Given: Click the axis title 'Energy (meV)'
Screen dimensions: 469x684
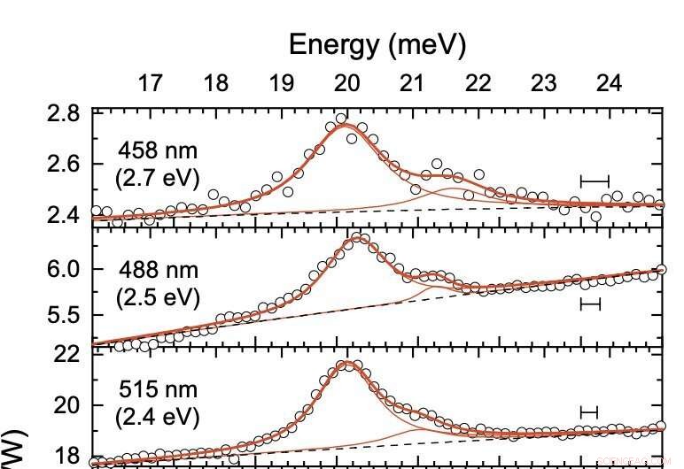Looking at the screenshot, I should [377, 45].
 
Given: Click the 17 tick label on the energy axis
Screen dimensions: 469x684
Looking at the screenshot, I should [151, 84].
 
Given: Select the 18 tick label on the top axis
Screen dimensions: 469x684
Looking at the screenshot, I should [216, 84].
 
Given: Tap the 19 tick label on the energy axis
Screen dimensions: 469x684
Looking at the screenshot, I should [282, 84].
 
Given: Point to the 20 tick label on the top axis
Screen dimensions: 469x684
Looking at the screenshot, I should [346, 84].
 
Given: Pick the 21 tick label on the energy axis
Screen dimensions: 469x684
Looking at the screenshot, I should [412, 84].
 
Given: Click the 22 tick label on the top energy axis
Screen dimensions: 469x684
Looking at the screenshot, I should [478, 84].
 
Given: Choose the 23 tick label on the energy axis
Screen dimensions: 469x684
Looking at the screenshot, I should [543, 84].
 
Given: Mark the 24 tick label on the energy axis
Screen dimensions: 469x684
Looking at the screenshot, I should [609, 84].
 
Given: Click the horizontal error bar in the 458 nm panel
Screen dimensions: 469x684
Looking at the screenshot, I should [595, 181].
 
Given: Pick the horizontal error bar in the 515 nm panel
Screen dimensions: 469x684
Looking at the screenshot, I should [589, 412].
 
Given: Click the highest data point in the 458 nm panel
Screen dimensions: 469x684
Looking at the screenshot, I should [341, 118].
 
